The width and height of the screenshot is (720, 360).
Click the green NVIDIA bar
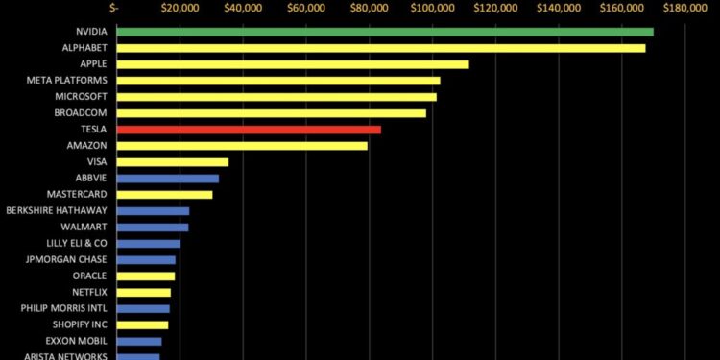(x=384, y=32)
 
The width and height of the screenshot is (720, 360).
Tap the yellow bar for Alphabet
(x=380, y=48)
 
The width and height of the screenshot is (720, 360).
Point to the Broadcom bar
(x=271, y=113)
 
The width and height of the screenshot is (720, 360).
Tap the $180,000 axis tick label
(x=684, y=9)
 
